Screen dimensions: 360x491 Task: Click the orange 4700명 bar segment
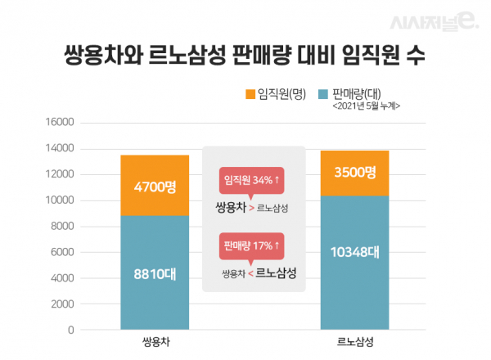155,186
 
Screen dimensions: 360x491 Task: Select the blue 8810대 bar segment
155,272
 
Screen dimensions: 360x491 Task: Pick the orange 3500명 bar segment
354,173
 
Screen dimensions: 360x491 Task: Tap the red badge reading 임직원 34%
253,181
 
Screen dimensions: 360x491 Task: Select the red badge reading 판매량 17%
253,244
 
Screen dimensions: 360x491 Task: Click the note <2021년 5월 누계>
366,106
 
